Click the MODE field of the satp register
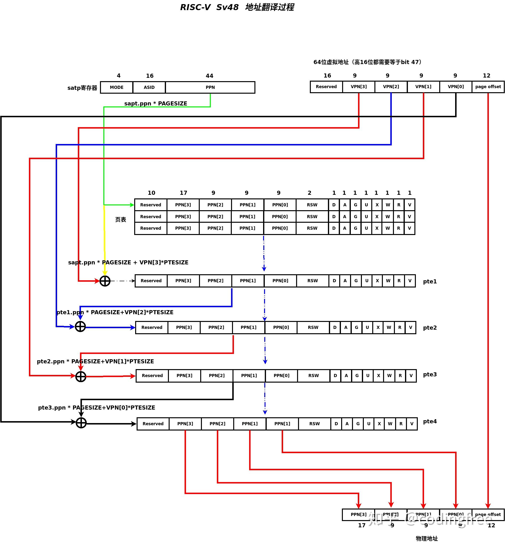click(x=117, y=87)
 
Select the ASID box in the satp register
click(x=149, y=87)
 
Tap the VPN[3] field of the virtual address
click(x=358, y=87)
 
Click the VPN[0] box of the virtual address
click(x=455, y=87)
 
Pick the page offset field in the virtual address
click(x=488, y=87)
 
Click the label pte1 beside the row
click(x=429, y=281)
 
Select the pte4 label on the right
click(x=429, y=421)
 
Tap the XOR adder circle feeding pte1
click(x=105, y=281)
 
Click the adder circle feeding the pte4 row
click(x=81, y=423)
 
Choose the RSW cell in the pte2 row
click(x=313, y=327)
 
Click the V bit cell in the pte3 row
click(x=411, y=375)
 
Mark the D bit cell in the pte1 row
click(x=334, y=281)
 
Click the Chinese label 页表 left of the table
click(x=120, y=219)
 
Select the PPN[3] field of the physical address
click(x=358, y=515)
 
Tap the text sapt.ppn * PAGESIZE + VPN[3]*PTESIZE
click(x=128, y=262)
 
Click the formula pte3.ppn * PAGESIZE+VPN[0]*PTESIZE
click(x=96, y=407)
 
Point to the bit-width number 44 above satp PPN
click(x=209, y=76)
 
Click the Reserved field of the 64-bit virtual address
click(x=326, y=87)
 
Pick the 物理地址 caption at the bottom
click(x=426, y=538)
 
